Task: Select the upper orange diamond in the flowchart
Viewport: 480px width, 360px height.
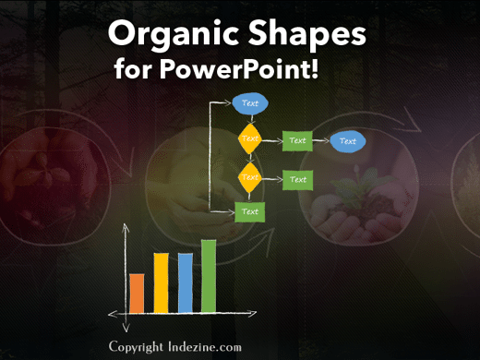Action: (x=250, y=139)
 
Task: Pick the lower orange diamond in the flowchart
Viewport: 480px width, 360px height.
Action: (x=250, y=176)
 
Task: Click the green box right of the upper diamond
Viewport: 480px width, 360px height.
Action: (x=297, y=141)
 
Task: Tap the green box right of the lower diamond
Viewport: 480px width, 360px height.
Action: (x=297, y=179)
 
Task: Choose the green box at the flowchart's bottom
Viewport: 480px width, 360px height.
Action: (x=249, y=212)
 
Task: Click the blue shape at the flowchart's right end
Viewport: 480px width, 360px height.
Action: (x=348, y=141)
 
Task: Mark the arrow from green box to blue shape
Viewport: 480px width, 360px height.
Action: (x=321, y=141)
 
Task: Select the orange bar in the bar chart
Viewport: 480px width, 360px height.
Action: (x=137, y=292)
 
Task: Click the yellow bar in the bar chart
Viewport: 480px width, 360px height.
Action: (x=161, y=282)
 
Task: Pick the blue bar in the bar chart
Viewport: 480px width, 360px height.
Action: (x=185, y=282)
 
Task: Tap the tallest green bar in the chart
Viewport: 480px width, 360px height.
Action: (x=209, y=275)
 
